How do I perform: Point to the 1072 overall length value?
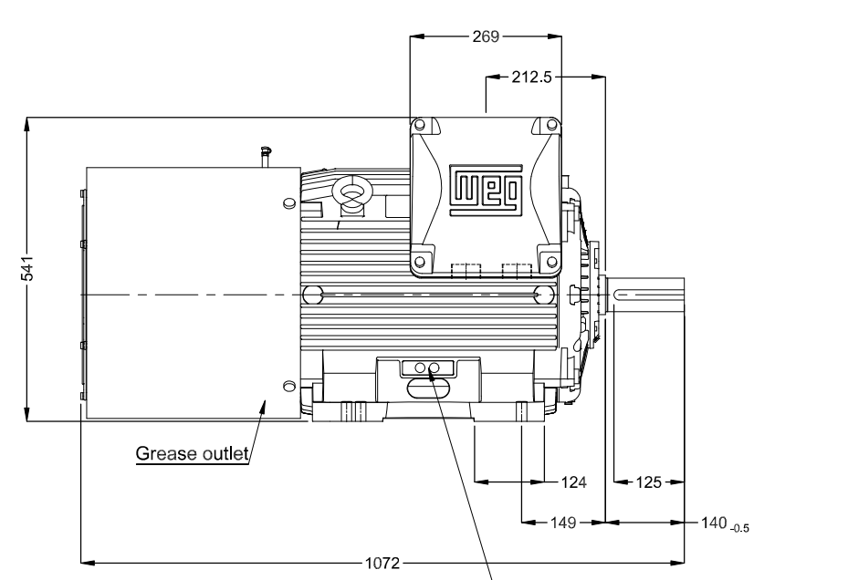tap(382, 564)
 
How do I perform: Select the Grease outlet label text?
tap(193, 453)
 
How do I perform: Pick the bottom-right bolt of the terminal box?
tap(551, 264)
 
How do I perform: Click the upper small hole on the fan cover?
tap(289, 201)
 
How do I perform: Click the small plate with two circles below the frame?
tap(426, 368)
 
